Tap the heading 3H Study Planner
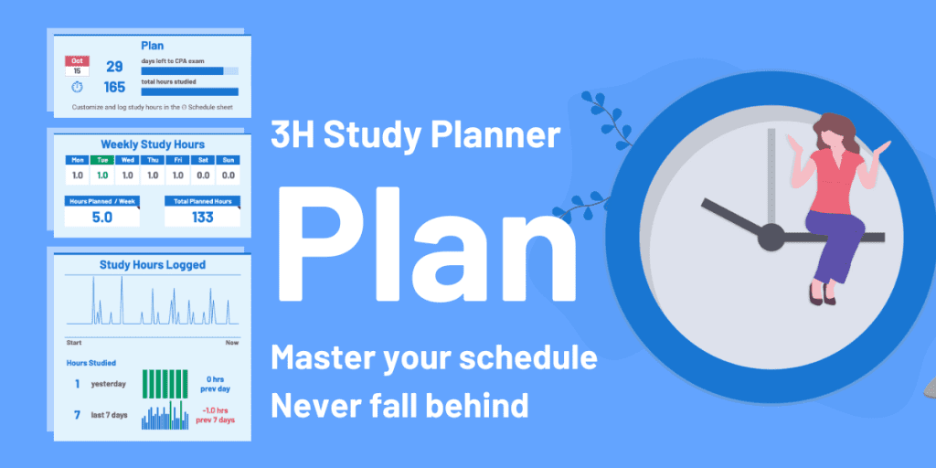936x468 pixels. (415, 135)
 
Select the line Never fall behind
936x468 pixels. (399, 404)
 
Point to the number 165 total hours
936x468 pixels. (114, 88)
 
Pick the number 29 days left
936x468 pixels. (114, 66)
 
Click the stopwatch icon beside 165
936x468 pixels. (76, 88)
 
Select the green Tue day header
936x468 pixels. (101, 160)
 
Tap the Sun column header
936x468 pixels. (228, 160)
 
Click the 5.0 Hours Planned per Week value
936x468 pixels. (101, 217)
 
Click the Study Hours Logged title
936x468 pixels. (152, 265)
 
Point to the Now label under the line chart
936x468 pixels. (232, 342)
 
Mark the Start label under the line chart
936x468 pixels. (74, 342)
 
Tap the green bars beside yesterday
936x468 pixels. (165, 384)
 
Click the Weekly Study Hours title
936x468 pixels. (152, 144)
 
